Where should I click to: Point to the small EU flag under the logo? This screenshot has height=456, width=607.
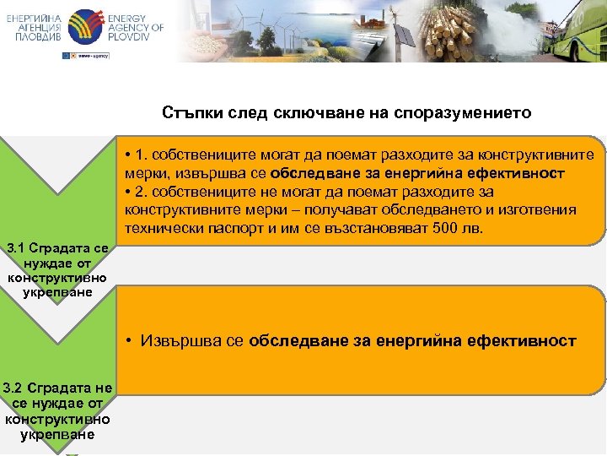coord(67,55)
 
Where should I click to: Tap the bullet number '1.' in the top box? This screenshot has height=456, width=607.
coord(142,155)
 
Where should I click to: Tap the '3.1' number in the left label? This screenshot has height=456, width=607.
coord(17,249)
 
